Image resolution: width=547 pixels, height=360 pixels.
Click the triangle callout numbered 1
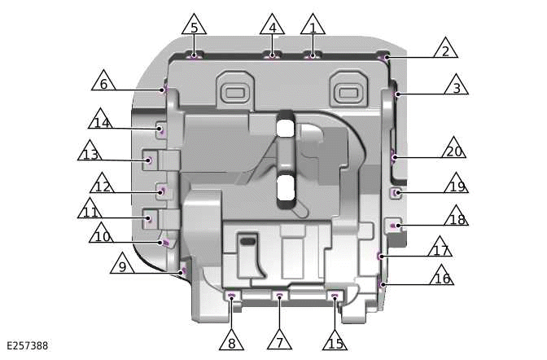click(x=313, y=25)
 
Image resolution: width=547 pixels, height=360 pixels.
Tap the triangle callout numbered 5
click(x=194, y=25)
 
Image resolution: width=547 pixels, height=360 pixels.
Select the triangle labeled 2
click(x=445, y=49)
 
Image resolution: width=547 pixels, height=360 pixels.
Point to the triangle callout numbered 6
click(x=103, y=81)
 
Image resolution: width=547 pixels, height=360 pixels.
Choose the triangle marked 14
click(x=101, y=120)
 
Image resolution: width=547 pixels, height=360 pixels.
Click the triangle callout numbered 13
click(x=90, y=151)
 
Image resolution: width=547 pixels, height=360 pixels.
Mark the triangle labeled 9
click(x=122, y=264)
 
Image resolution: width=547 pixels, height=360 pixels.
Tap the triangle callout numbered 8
click(x=232, y=340)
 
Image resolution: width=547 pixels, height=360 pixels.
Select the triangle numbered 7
click(x=279, y=340)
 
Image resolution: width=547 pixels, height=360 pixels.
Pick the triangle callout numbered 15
click(x=335, y=340)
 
